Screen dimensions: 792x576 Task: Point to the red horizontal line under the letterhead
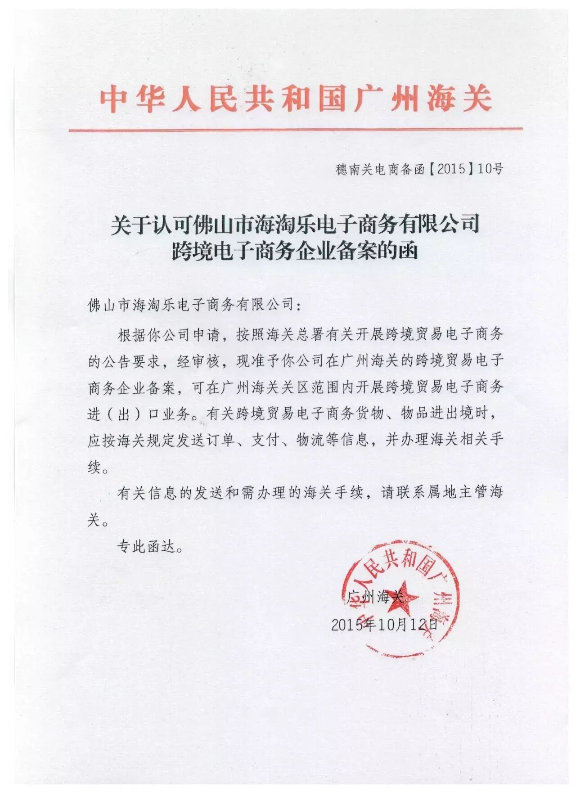[x=296, y=130]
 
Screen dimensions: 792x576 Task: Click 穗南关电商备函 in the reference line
[x=380, y=170]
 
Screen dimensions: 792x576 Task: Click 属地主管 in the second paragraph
[x=450, y=492]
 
